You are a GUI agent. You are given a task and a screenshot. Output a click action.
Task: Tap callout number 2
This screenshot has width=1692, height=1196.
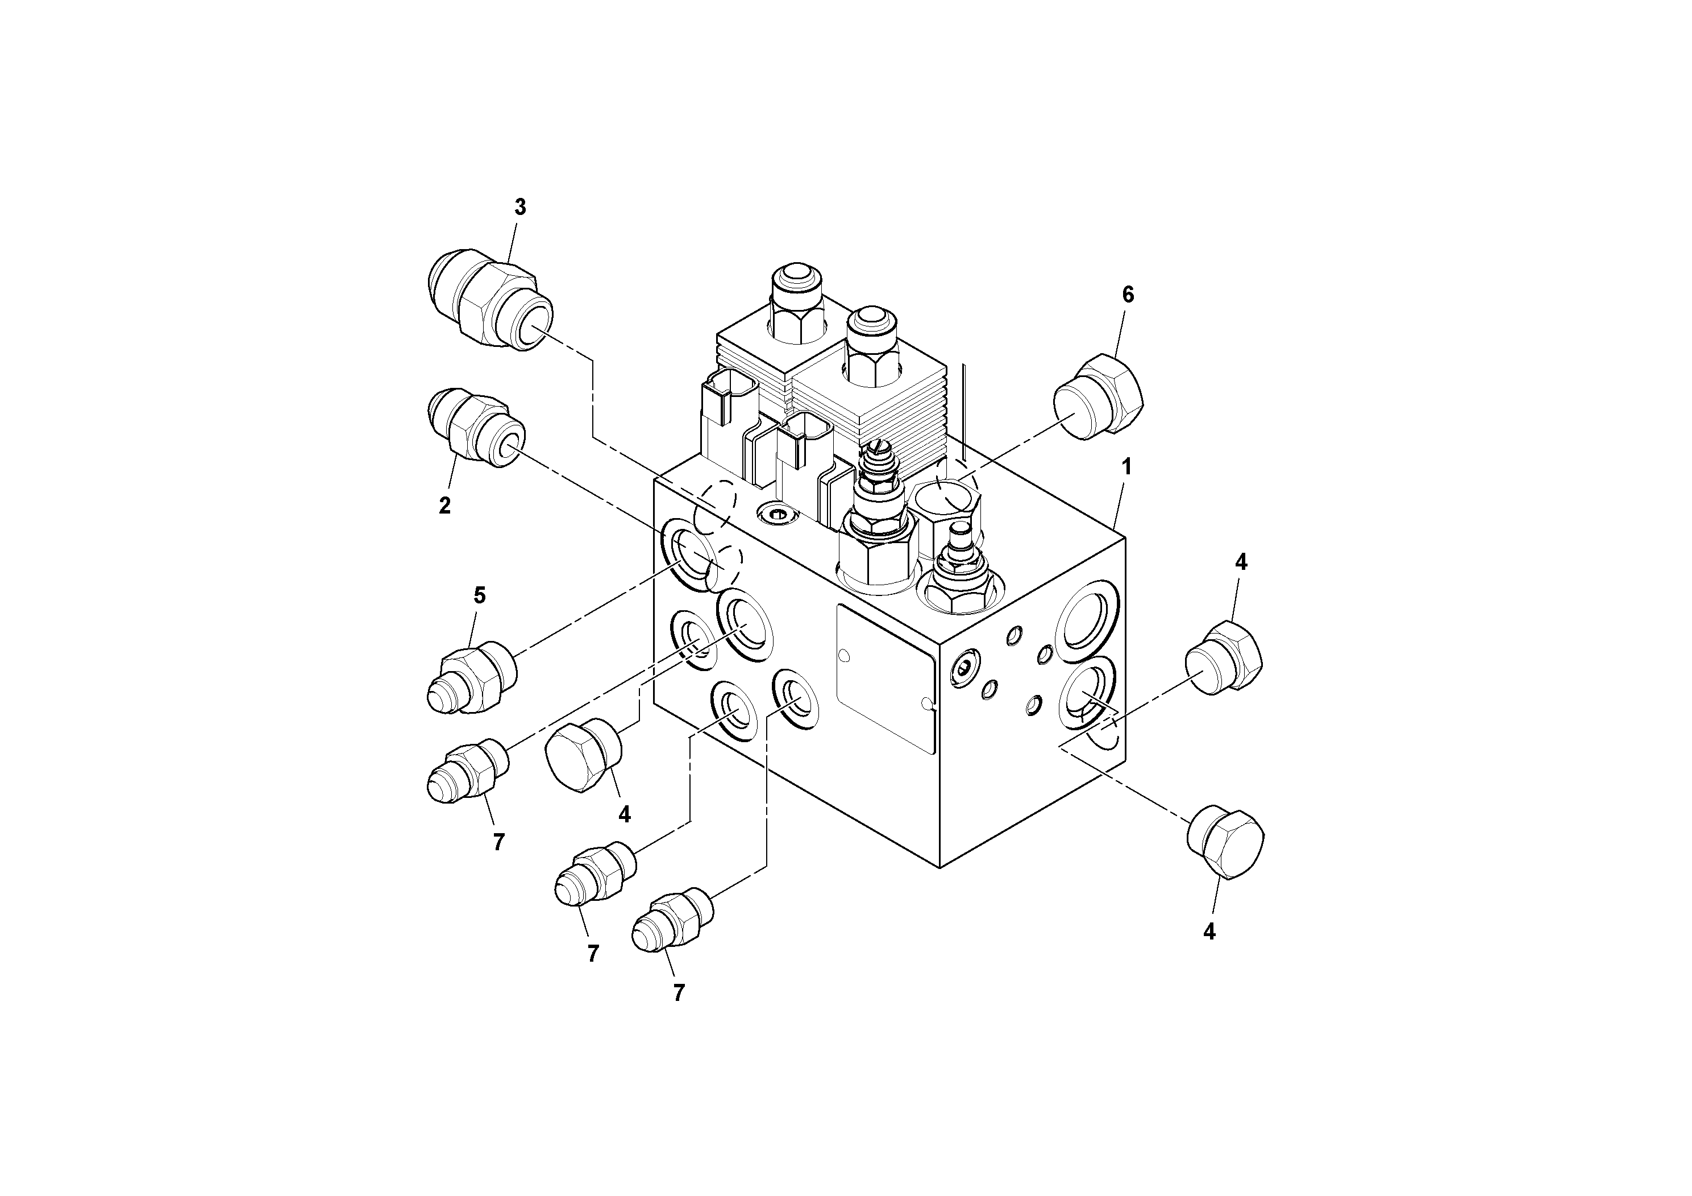click(x=444, y=506)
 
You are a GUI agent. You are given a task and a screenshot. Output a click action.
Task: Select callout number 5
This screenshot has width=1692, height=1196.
click(x=480, y=595)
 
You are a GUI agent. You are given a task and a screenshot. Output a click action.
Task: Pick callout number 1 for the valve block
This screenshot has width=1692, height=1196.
click(x=1126, y=467)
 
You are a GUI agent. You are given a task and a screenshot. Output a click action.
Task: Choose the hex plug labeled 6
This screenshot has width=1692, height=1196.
click(x=1098, y=398)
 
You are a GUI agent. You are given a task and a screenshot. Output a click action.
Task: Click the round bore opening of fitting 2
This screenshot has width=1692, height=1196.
click(x=509, y=446)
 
